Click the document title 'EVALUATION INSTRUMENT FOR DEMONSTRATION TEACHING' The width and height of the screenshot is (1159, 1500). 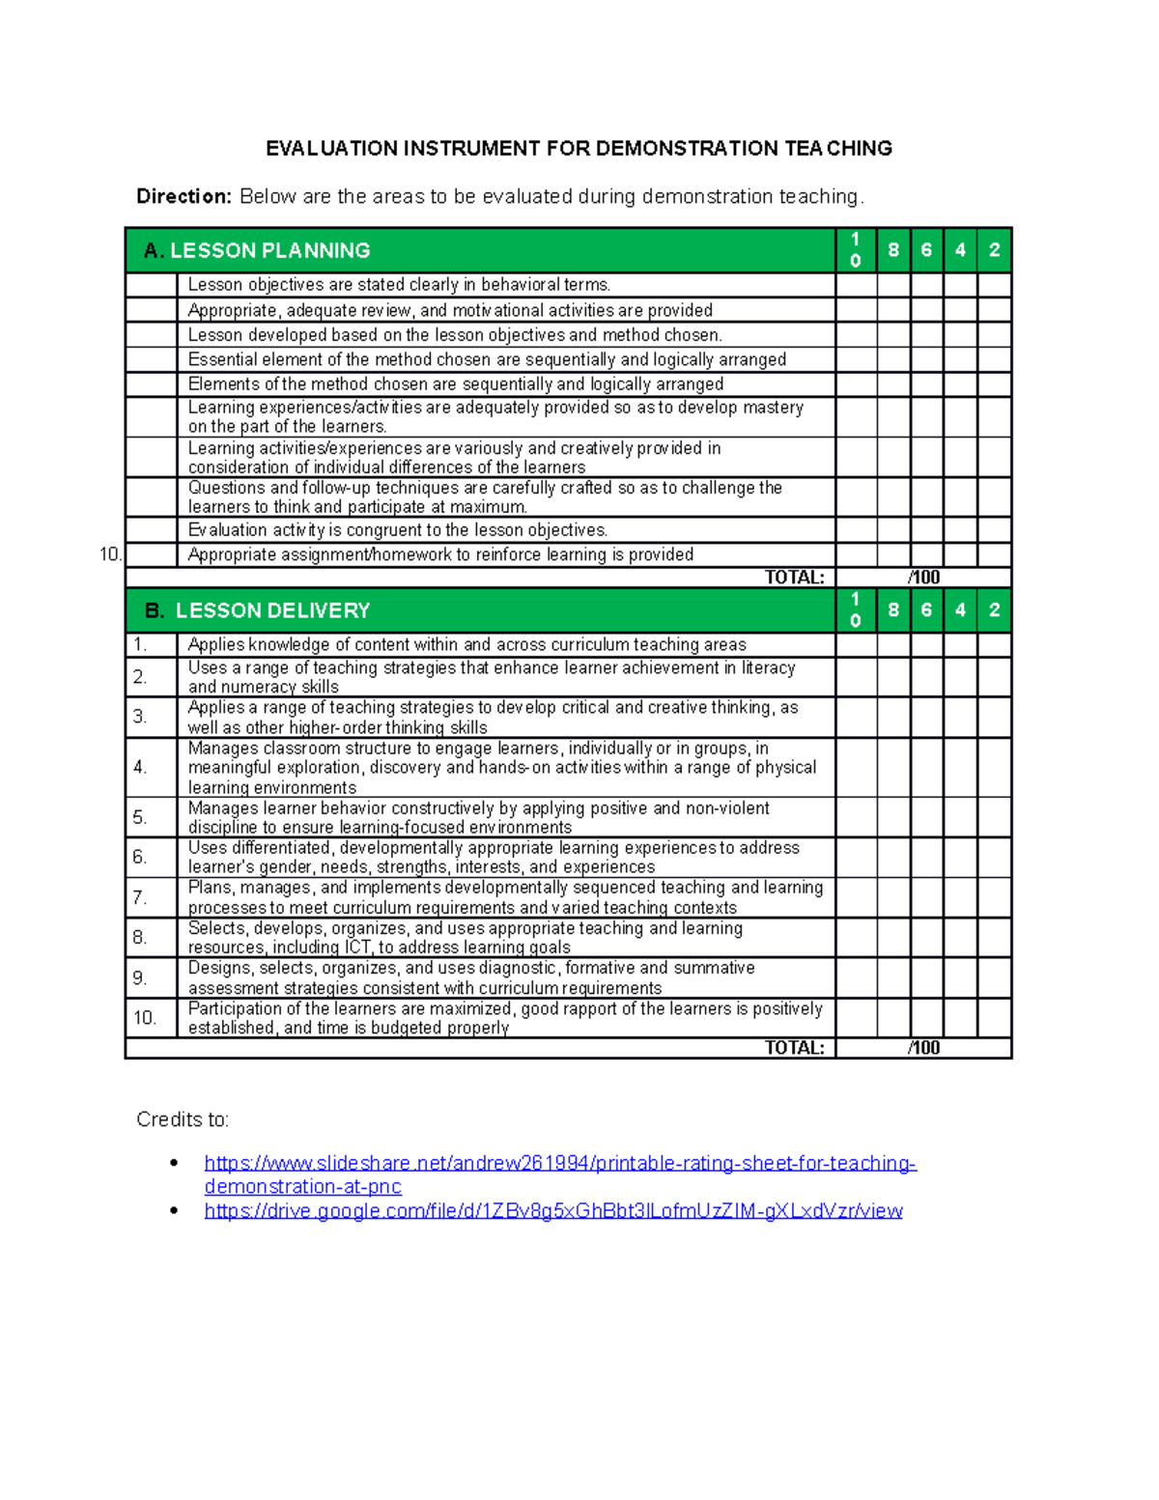579,149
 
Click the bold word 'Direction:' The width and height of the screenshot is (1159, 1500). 184,197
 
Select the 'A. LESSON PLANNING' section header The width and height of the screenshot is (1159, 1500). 257,251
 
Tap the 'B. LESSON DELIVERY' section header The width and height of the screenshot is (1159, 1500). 258,610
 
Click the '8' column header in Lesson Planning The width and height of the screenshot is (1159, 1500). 893,250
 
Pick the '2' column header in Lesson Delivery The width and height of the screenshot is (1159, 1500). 994,610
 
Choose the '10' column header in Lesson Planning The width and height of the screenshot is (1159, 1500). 856,250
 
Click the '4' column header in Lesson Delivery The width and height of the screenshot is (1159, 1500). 960,610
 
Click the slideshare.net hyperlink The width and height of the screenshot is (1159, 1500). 560,1164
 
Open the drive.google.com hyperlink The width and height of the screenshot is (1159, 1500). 553,1211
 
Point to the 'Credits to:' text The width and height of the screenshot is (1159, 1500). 183,1119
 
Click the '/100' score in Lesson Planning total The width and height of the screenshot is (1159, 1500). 923,578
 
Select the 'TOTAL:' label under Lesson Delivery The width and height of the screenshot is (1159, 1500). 794,1048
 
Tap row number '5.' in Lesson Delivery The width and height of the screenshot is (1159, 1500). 140,818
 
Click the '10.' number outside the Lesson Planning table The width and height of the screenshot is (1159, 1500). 110,554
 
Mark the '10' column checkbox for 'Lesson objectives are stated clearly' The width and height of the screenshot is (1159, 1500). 856,285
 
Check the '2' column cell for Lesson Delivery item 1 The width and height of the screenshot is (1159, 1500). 994,645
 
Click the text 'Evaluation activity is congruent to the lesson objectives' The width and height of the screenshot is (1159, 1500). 397,530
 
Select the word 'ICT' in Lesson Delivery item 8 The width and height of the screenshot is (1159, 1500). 357,948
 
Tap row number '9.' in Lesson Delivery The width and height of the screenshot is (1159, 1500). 140,978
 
